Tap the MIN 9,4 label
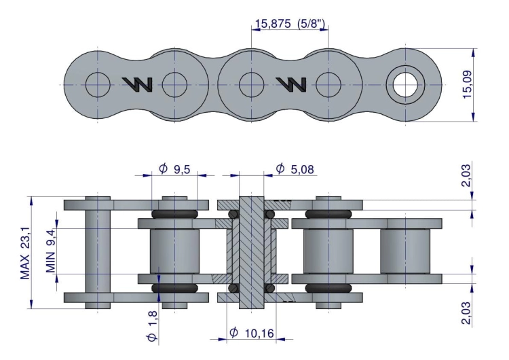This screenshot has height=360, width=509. [x=50, y=249]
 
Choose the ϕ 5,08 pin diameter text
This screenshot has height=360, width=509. [x=296, y=168]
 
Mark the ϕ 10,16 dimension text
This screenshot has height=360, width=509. [x=252, y=332]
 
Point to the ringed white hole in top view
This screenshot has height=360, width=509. [x=405, y=84]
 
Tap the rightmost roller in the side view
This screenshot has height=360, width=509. [x=405, y=251]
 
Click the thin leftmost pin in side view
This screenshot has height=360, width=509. [x=98, y=251]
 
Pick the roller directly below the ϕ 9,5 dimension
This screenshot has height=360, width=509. [x=174, y=251]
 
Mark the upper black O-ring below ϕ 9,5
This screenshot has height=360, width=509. [x=174, y=214]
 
